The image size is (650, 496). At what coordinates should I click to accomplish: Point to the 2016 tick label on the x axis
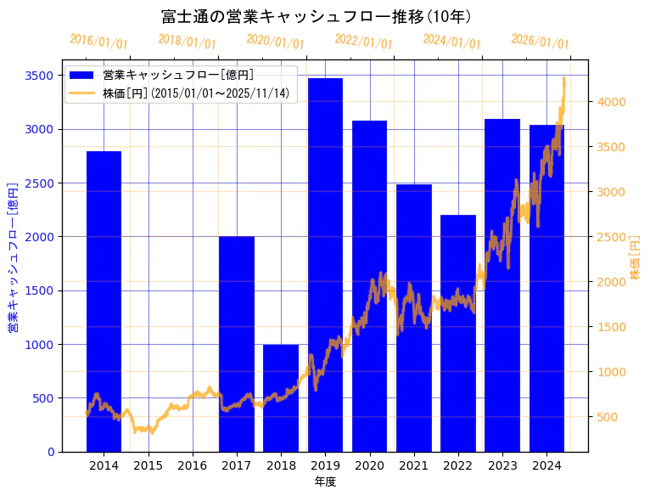193,465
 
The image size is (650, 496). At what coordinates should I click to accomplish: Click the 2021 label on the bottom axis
413,465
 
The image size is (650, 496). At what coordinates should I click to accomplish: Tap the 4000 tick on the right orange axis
612,102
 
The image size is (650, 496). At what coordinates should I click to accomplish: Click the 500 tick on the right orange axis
608,417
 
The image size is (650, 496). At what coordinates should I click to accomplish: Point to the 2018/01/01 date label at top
188,42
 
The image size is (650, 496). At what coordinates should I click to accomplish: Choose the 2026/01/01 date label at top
541,42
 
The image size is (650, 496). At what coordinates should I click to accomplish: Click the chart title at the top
316,16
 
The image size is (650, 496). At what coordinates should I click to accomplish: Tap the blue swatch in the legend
83,75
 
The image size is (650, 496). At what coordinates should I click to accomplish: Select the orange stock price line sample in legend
83,93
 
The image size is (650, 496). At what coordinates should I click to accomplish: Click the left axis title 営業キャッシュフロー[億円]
13,256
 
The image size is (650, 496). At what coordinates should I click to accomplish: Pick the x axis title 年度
325,482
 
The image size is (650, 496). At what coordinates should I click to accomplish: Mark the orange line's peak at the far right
564,78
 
